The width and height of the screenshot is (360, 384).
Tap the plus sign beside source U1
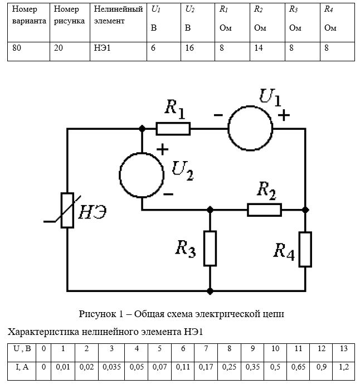coord(284,115)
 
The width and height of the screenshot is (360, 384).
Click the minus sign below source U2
coord(168,194)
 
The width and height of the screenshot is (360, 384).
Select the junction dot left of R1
coord(142,129)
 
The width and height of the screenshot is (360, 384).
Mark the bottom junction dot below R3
coord(210,291)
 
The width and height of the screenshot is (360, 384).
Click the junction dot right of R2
coord(305,210)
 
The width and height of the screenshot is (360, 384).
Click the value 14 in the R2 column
coord(259,48)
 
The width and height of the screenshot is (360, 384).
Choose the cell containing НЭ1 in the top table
coord(118,51)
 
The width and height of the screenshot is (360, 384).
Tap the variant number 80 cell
coord(28,51)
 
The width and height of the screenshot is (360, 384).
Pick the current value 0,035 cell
coord(111,371)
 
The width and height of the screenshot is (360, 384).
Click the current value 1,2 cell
coord(344,371)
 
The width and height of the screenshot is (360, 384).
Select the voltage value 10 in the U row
coord(275,348)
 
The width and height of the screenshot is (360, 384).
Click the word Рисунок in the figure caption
coord(97,314)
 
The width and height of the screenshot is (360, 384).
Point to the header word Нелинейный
coord(118,9)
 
